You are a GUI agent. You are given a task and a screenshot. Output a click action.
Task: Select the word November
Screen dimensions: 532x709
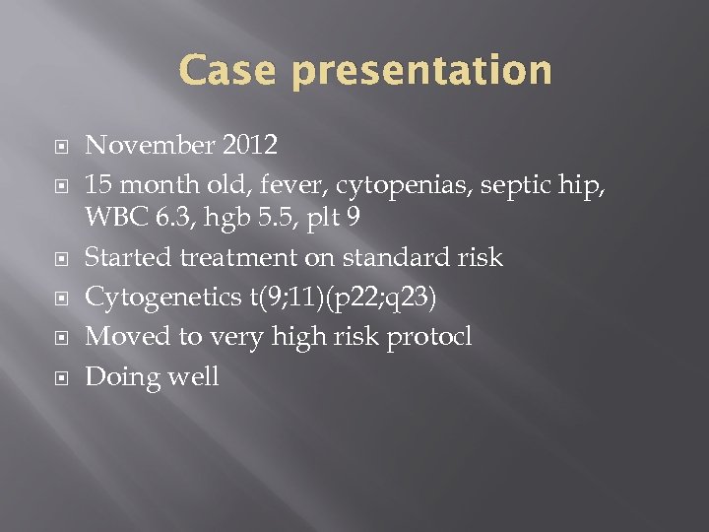[x=150, y=146]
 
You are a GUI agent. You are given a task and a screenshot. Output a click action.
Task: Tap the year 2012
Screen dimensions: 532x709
[x=249, y=146]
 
